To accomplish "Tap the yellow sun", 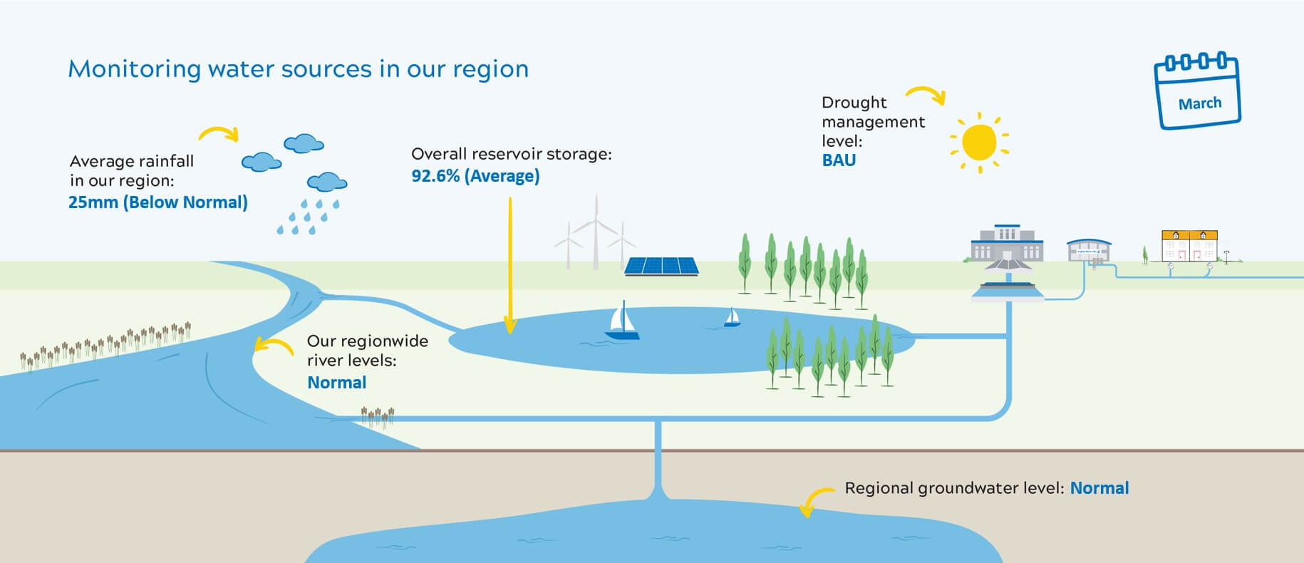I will coord(979,142).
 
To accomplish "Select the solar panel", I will coord(661,267).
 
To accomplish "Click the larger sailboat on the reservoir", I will coord(622,321).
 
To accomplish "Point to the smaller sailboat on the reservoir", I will coord(732,318).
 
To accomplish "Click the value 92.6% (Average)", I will coord(475,176).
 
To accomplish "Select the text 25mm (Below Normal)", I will coord(158,202).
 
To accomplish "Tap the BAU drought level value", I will coord(839,160).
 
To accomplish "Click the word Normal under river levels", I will coord(336,383).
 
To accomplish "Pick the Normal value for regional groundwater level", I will coord(1099,488).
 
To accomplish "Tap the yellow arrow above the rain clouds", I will coord(218,133).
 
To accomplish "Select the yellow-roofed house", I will coord(1189,245).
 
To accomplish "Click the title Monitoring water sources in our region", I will coord(298,69).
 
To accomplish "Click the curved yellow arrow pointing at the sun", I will coord(926,94).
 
